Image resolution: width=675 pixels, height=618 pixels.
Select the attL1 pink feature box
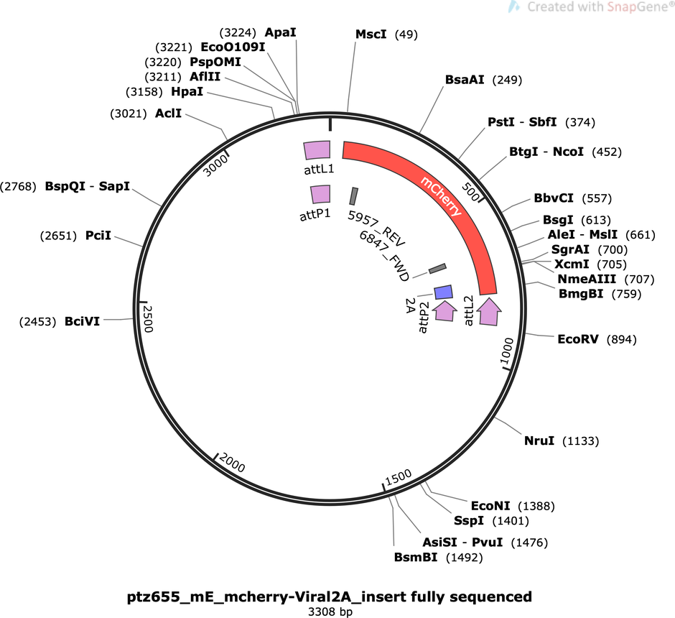tap(317, 150)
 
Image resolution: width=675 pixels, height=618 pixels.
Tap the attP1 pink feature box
tap(321, 194)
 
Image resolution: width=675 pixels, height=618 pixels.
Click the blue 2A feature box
tap(443, 292)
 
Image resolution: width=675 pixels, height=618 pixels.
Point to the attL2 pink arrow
tap(488, 311)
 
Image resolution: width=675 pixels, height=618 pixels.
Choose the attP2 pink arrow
tap(444, 310)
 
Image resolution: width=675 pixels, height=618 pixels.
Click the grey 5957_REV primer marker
tap(354, 196)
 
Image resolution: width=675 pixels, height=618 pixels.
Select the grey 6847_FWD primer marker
tap(438, 268)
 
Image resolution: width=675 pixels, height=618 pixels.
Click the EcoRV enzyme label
tap(578, 339)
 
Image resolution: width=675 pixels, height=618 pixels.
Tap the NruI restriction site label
tap(539, 441)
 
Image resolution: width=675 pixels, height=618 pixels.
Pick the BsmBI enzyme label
tap(416, 557)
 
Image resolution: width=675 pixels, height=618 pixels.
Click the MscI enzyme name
tap(371, 34)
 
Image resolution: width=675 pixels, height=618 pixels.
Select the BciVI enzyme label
tap(83, 321)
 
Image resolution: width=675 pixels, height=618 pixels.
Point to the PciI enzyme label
tap(98, 236)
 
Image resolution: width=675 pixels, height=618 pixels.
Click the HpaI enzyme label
tap(187, 91)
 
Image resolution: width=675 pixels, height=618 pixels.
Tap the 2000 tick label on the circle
tap(232, 463)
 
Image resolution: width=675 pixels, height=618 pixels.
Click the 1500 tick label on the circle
tap(399, 478)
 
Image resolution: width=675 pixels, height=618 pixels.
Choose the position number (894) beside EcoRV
tap(622, 340)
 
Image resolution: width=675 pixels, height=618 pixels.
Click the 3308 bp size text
tap(330, 612)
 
